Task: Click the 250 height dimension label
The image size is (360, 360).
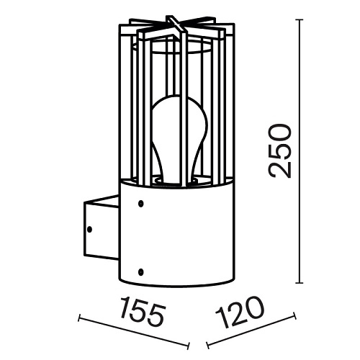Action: click(280, 151)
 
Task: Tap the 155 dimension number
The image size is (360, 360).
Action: click(143, 310)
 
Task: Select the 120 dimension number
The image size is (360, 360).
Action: click(239, 312)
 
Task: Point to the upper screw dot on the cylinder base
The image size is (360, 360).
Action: click(141, 204)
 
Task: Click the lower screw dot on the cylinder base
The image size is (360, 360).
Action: click(141, 272)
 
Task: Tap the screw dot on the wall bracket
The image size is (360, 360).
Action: click(90, 229)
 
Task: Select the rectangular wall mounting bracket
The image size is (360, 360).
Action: click(101, 228)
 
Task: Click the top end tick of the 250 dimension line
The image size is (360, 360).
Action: click(299, 19)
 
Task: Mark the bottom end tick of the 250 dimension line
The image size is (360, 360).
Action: click(299, 283)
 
